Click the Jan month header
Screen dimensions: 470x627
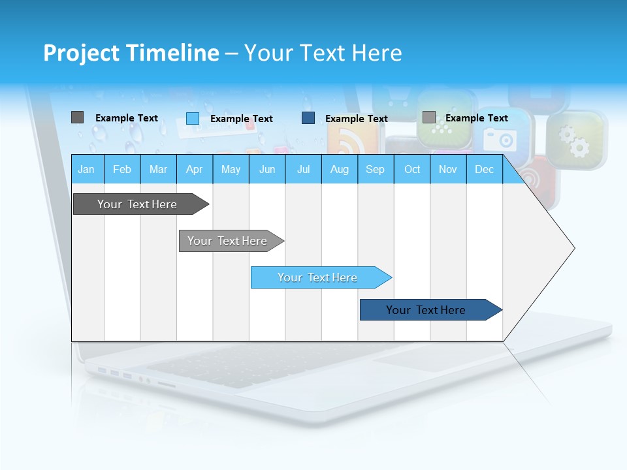tap(86, 169)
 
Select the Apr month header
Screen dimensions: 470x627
tap(194, 169)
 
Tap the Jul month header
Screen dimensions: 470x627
tap(303, 169)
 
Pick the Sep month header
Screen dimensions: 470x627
tap(375, 169)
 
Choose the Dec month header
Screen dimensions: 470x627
tap(484, 169)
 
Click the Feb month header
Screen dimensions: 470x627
tap(122, 169)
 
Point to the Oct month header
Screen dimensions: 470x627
tap(412, 169)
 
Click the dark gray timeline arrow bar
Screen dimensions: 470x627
tap(138, 204)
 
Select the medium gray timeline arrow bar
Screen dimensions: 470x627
tap(228, 241)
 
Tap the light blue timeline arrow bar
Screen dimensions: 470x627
tap(318, 277)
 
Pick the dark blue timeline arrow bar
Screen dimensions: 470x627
tap(426, 310)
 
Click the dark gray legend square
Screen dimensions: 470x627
tap(77, 117)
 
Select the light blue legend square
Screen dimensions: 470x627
tap(193, 118)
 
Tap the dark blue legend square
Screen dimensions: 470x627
tap(308, 118)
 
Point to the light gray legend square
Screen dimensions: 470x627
tap(428, 117)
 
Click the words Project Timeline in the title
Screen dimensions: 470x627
tap(131, 53)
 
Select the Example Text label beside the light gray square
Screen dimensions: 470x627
tap(477, 118)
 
